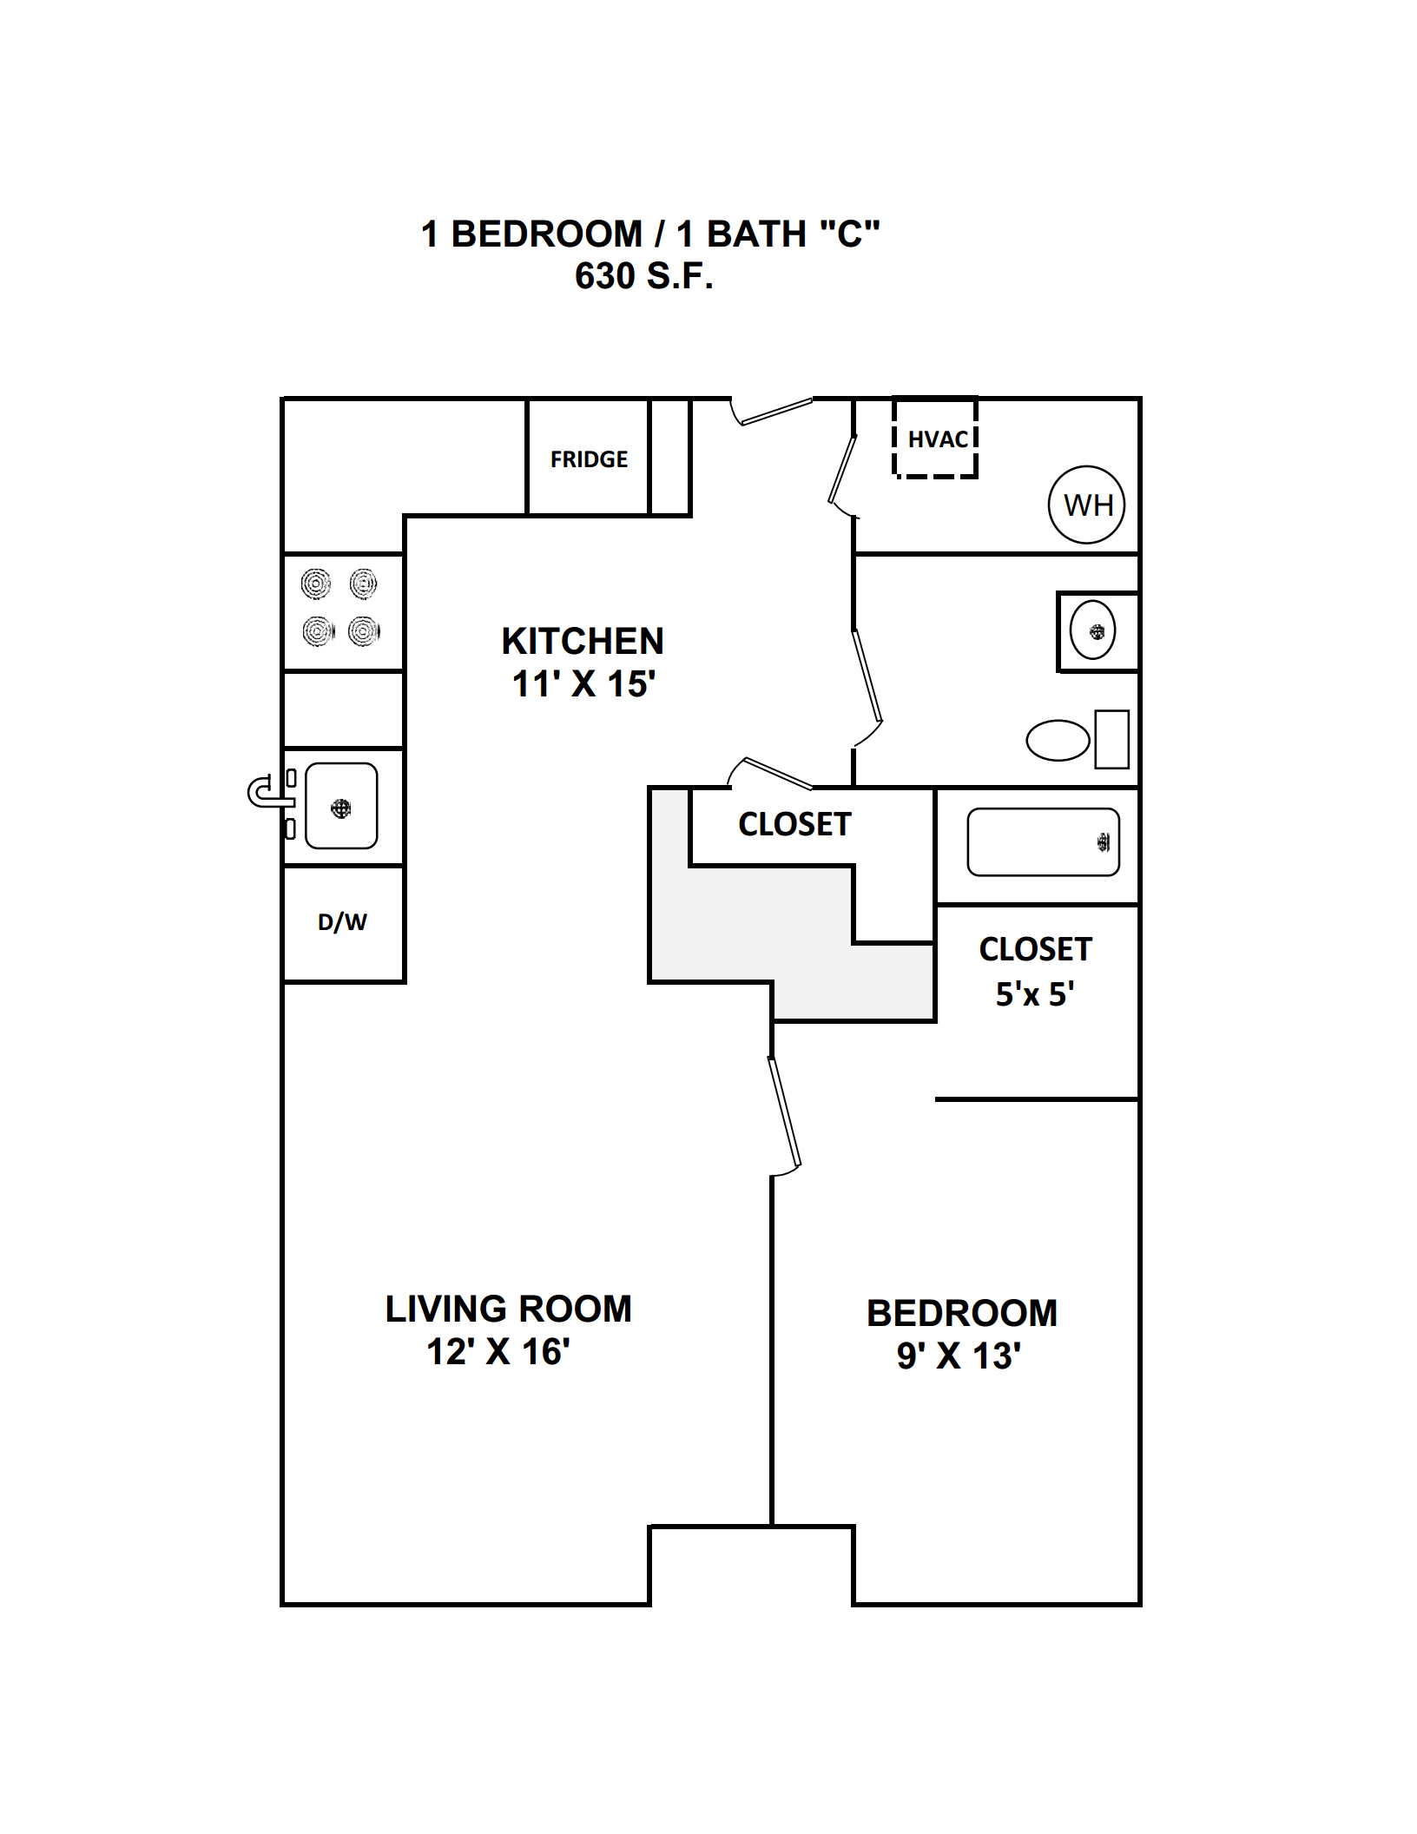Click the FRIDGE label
589,459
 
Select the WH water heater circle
1087,505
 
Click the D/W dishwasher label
342,922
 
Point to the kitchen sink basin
341,806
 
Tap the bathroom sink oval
1093,630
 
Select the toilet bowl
1058,741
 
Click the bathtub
1044,842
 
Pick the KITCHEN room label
583,642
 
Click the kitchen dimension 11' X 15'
583,684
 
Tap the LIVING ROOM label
509,1310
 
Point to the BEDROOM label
962,1314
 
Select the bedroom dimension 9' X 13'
959,1356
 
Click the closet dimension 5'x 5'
1035,994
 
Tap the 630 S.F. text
644,276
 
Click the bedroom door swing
784,1112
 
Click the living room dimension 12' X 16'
498,1352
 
